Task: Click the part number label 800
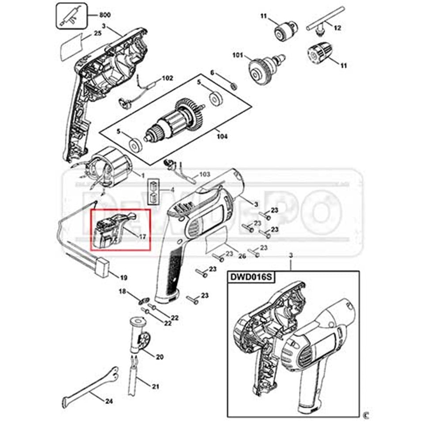(104, 15)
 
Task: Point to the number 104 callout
(222, 137)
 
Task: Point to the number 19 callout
(124, 278)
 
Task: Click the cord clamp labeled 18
(143, 300)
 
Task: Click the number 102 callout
(167, 78)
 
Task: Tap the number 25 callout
(97, 33)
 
